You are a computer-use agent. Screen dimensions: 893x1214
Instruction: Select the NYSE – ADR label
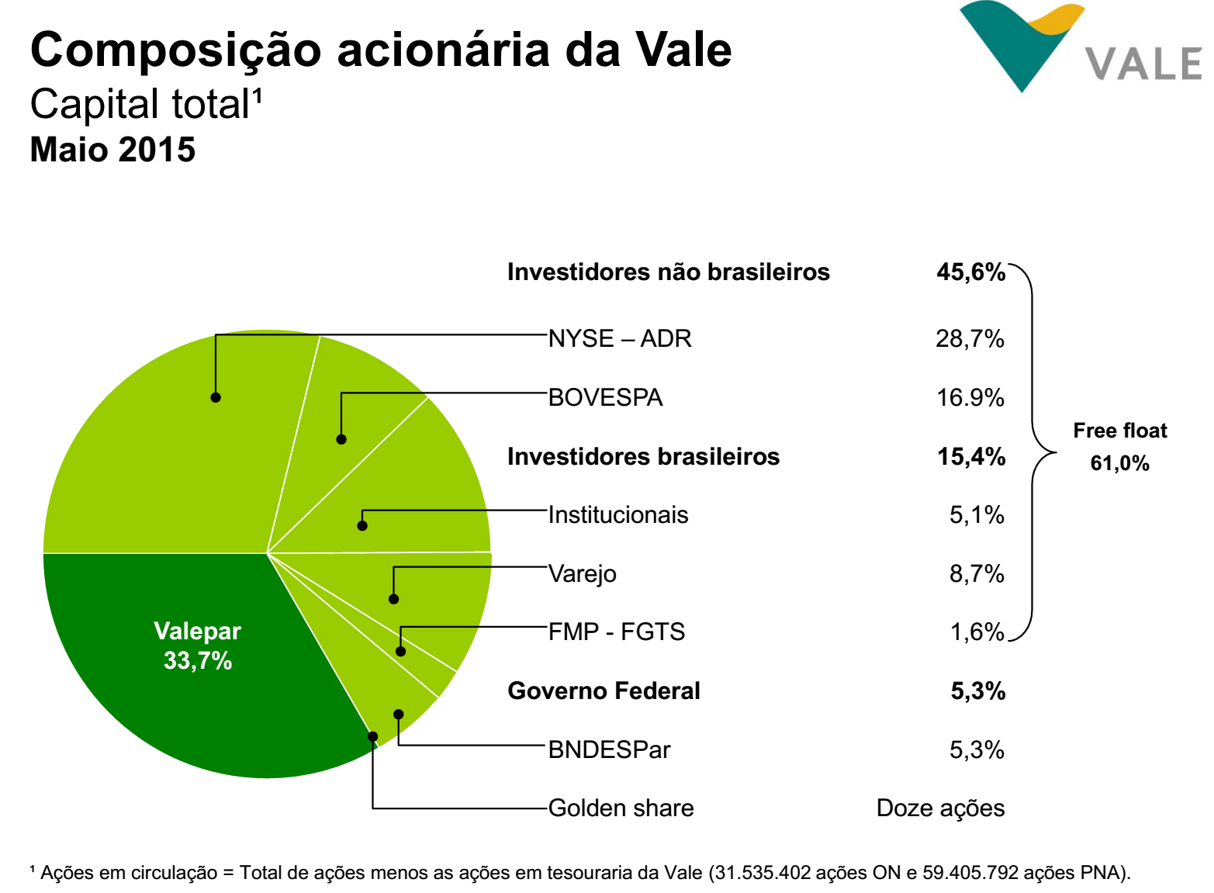tap(619, 339)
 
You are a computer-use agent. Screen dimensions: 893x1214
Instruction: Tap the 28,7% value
tap(970, 339)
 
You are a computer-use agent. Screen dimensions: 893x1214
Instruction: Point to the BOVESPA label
tap(605, 398)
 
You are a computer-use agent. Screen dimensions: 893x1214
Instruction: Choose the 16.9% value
tap(970, 398)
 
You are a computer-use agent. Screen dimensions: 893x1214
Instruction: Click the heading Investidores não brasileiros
tap(668, 272)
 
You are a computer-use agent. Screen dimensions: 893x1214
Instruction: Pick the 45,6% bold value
tap(970, 272)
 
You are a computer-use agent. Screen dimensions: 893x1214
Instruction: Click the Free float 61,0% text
tap(1119, 447)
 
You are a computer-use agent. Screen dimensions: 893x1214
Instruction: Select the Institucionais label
tap(617, 515)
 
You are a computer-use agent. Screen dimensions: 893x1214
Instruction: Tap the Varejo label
tap(582, 574)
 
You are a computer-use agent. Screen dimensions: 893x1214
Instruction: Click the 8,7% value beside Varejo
tap(977, 574)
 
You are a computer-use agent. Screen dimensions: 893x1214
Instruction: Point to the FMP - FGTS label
tap(616, 632)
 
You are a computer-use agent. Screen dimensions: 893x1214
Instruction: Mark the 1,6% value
tap(977, 632)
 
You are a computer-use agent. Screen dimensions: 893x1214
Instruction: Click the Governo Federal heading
tap(604, 691)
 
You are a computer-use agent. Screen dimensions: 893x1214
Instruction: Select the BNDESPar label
tap(609, 750)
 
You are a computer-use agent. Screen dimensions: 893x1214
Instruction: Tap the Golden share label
tap(621, 808)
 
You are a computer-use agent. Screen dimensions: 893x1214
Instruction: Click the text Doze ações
tap(940, 808)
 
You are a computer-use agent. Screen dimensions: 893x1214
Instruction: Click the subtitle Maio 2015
tap(112, 150)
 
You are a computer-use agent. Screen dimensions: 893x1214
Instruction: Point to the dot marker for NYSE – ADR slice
tap(216, 397)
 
